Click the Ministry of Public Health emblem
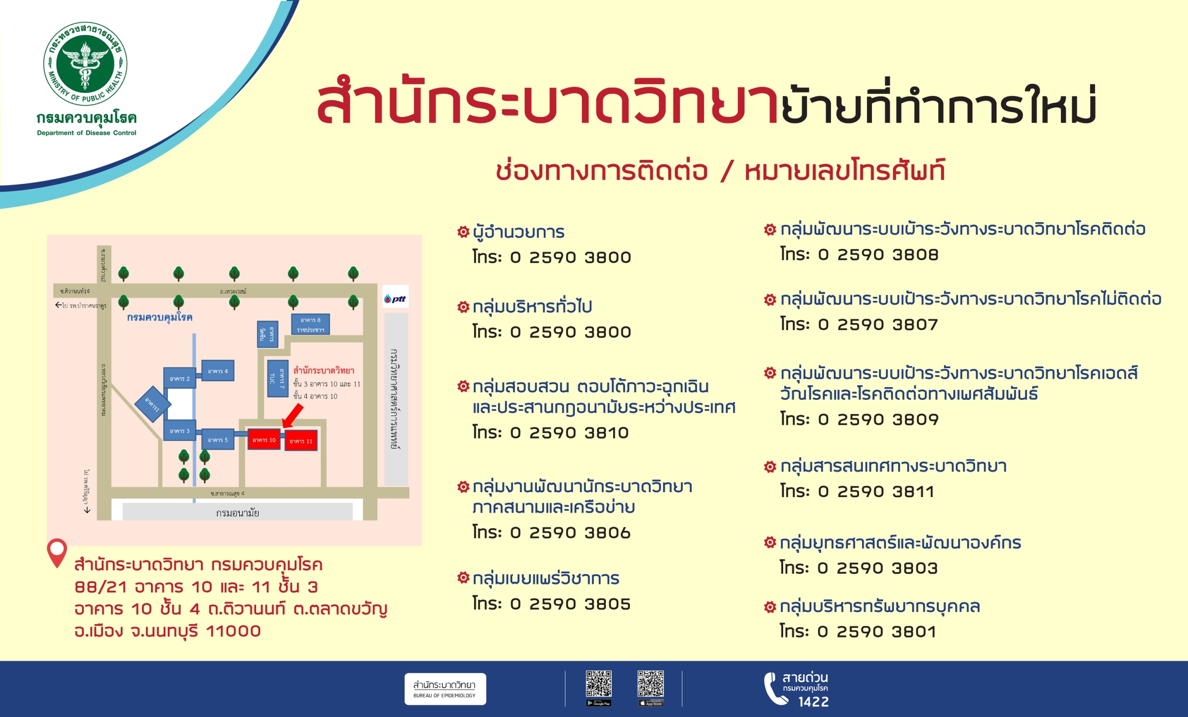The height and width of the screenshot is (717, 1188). point(85,63)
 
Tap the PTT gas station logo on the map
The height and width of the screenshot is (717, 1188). point(395,299)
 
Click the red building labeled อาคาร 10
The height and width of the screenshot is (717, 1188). point(264,439)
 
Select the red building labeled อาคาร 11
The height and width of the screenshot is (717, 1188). point(301,441)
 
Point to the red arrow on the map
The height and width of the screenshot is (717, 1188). point(293,415)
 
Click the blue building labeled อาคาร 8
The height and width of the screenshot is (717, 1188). point(310,324)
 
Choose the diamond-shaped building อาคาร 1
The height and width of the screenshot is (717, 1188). point(152,404)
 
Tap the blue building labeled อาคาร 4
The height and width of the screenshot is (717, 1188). point(217,371)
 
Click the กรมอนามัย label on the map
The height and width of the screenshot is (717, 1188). point(237,513)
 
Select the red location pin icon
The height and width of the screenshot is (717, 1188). point(57,552)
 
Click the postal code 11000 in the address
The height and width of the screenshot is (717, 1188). point(234,631)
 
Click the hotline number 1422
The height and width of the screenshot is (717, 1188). point(813,702)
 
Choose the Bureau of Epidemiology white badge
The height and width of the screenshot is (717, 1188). point(445,689)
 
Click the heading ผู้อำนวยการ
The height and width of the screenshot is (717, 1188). point(518,232)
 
